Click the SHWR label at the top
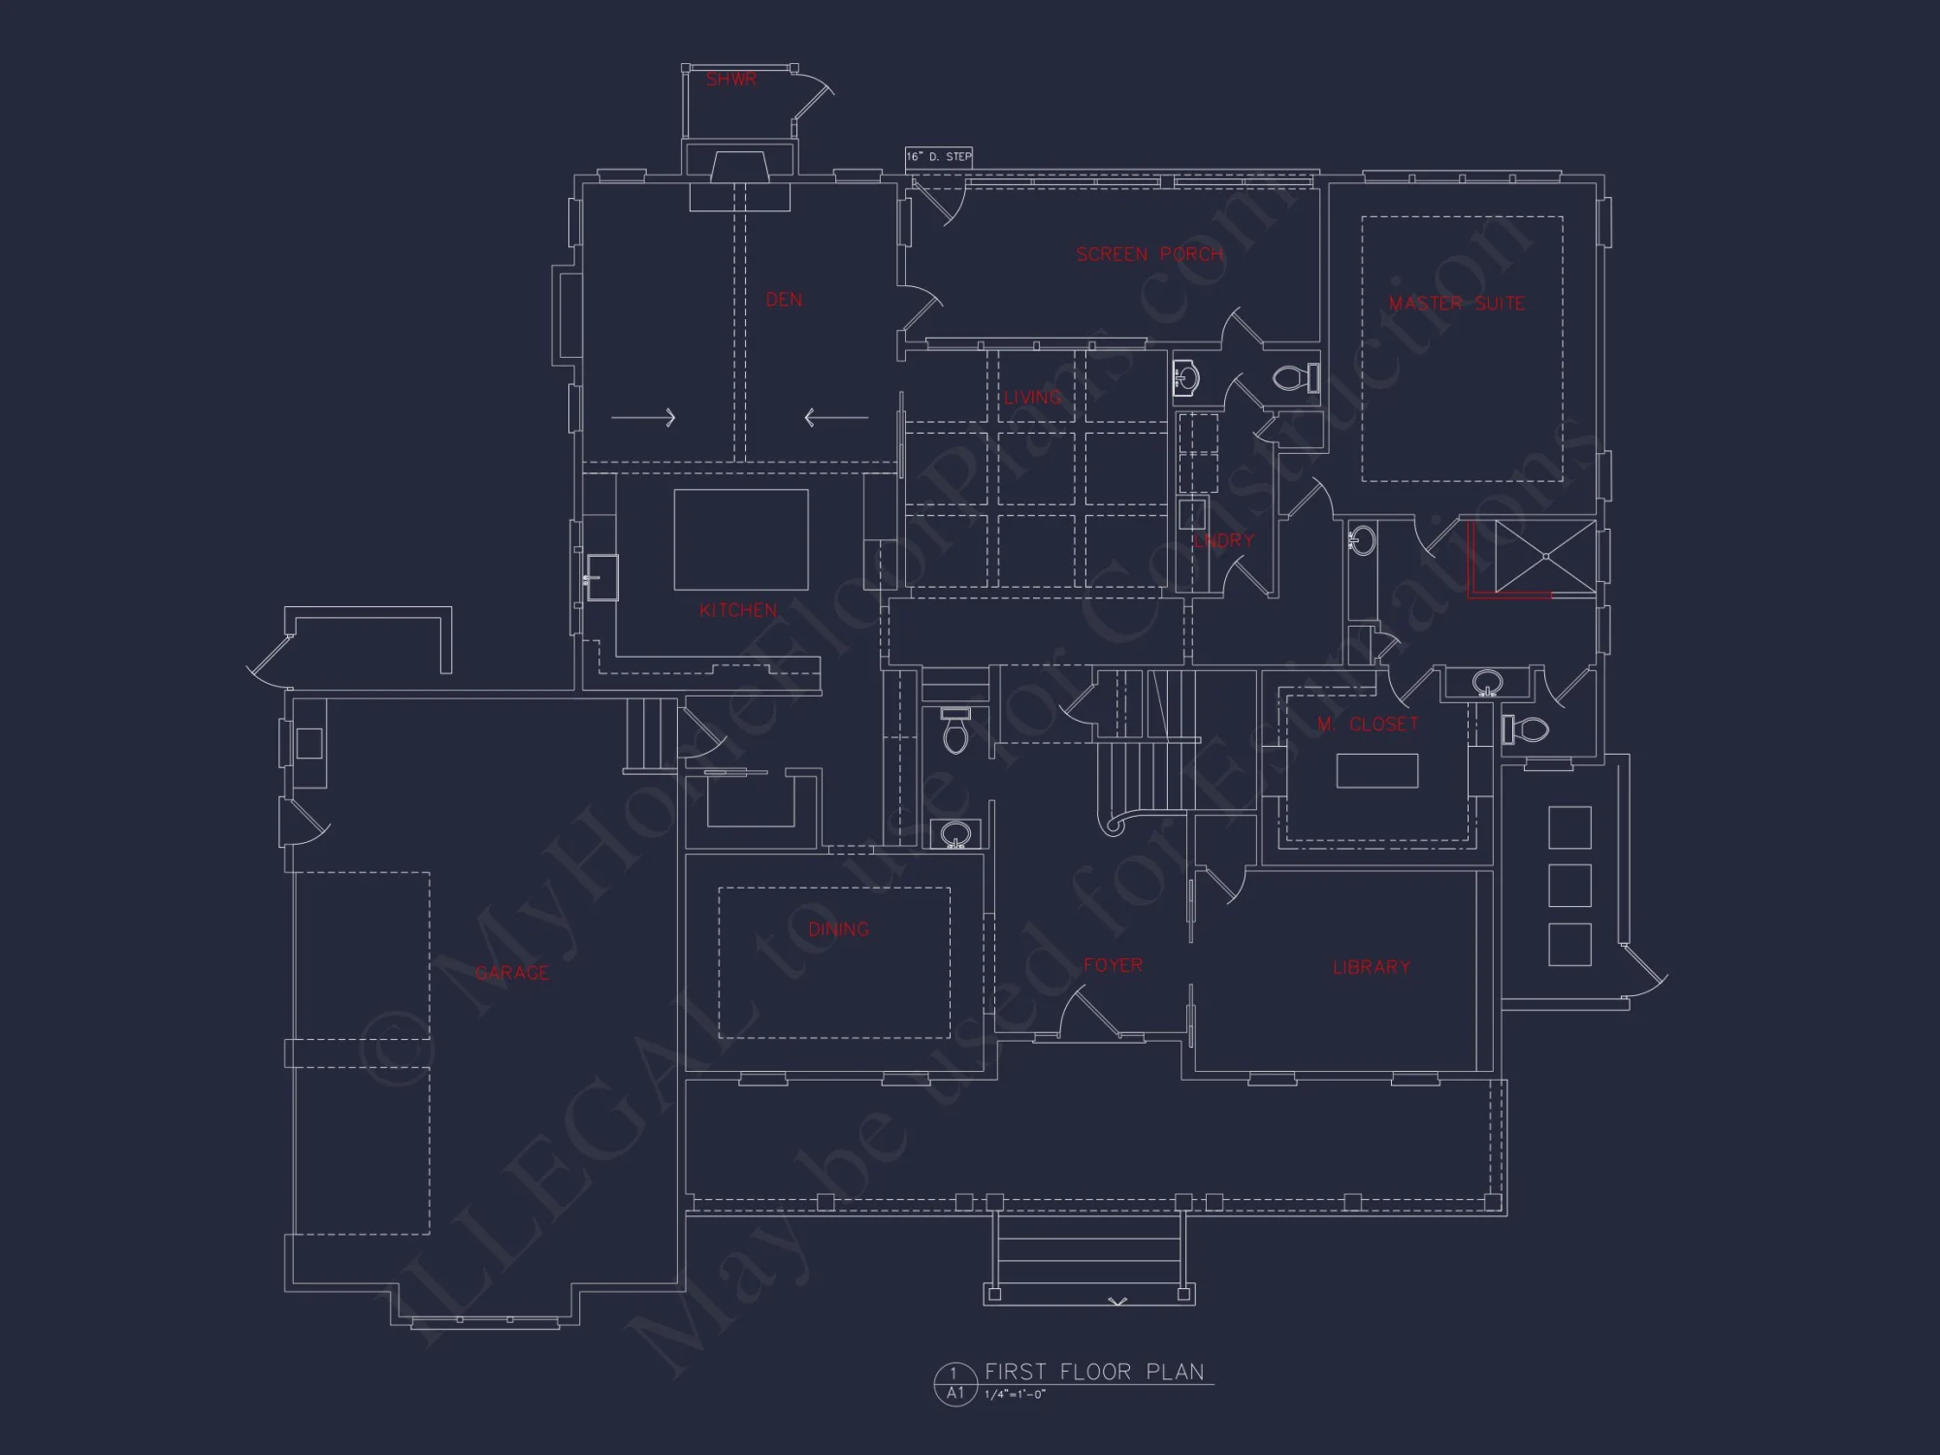(730, 80)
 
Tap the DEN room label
(784, 300)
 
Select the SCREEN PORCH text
(1149, 254)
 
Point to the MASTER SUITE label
(1456, 304)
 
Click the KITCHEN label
(738, 610)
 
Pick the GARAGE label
(511, 973)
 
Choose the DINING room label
(838, 929)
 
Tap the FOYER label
(1113, 965)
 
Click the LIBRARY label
(1371, 967)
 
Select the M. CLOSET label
(1368, 724)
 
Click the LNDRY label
(1223, 540)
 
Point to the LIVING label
(1032, 397)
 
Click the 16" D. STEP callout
(939, 156)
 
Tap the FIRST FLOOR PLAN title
(1094, 1372)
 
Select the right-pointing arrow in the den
(643, 418)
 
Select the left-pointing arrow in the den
(836, 418)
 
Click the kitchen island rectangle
(741, 539)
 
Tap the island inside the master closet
(1376, 771)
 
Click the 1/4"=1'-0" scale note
(1015, 1395)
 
